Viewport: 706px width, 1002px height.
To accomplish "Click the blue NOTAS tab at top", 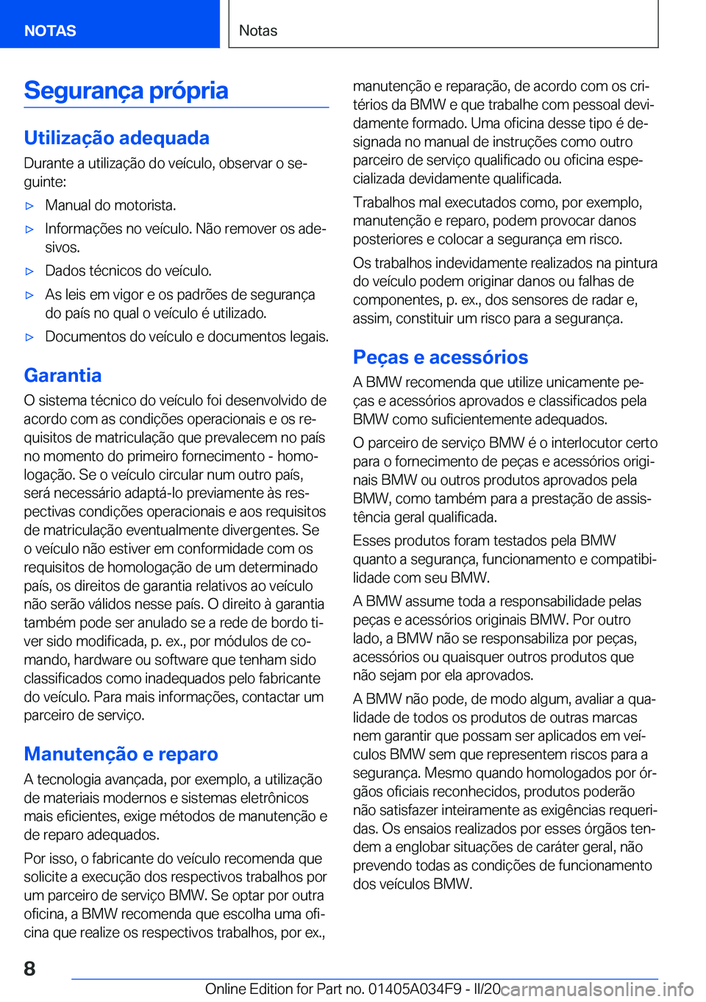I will pos(50,30).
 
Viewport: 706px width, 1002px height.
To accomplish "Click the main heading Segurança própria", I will pos(126,90).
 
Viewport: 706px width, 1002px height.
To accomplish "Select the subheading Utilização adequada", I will pos(116,138).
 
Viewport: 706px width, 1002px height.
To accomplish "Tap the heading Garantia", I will pos(63,375).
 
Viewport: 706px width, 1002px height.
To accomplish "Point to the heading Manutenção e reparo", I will pos(121,754).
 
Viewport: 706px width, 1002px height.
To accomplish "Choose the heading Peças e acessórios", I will pos(440,358).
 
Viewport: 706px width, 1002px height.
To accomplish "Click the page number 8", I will pos(29,968).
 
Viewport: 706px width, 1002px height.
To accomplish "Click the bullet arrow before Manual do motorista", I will pos(29,206).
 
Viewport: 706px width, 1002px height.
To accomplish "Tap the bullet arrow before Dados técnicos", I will pos(29,271).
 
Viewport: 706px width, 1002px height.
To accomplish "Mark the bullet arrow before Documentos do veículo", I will pos(29,338).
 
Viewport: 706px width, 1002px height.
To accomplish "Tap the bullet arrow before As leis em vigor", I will pos(29,295).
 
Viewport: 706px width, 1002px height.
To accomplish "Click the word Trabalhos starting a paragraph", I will pos(386,202).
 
